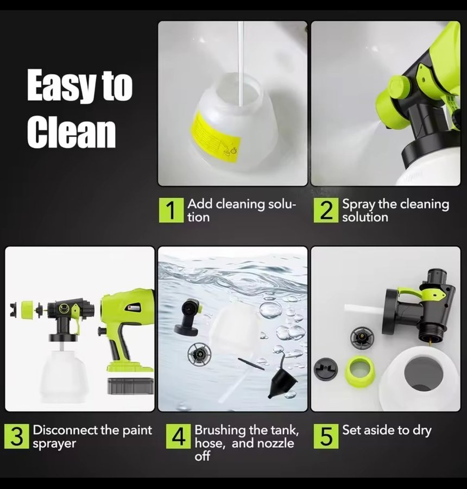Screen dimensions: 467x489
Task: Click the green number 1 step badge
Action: [171, 210]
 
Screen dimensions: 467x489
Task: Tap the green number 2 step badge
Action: [326, 210]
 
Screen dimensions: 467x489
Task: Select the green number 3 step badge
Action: [17, 436]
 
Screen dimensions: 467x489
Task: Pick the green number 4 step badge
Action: [178, 436]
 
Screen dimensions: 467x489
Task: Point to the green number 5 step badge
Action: [326, 436]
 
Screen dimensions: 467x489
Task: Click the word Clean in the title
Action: [71, 131]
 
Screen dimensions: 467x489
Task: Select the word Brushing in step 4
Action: [220, 431]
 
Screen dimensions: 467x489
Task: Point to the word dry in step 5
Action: [422, 431]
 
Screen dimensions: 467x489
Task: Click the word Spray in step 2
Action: [358, 205]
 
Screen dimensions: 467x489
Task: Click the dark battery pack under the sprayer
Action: [130, 385]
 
